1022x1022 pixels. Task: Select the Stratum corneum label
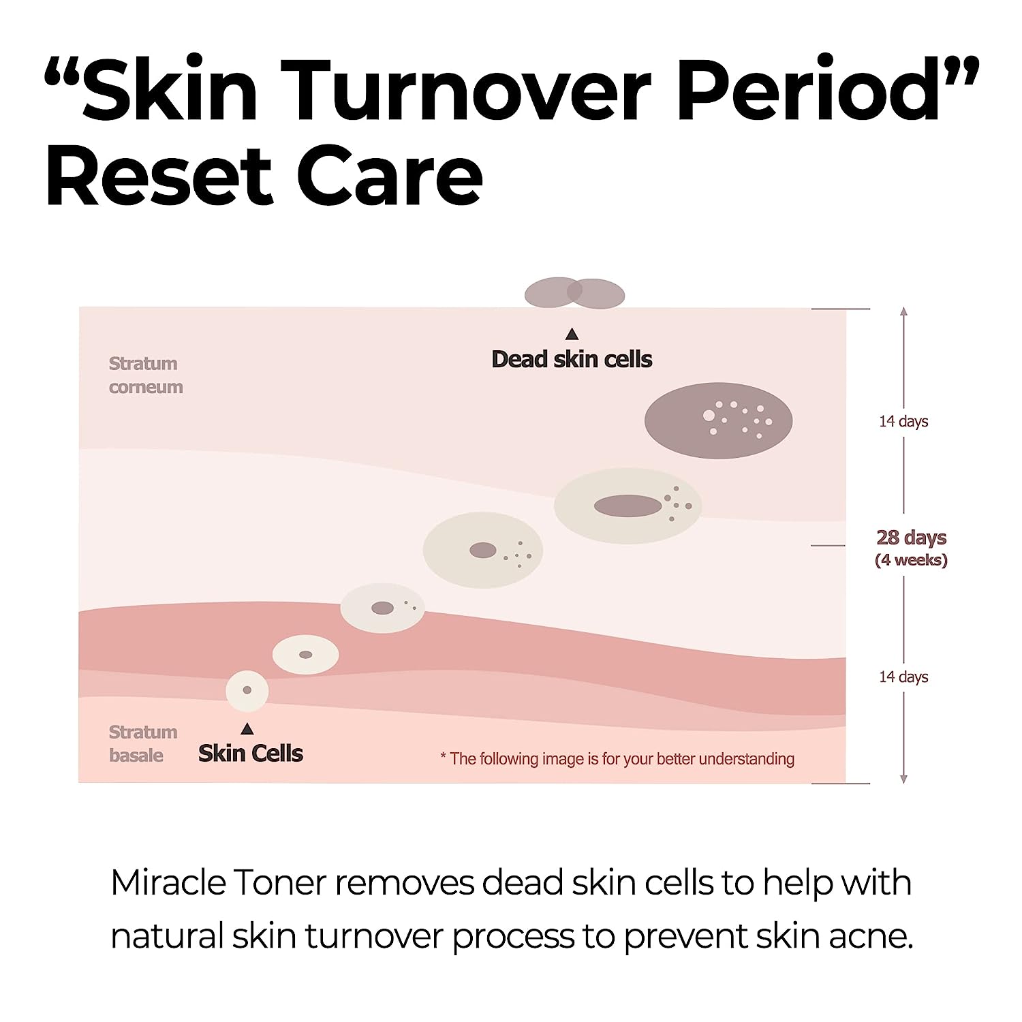click(x=145, y=375)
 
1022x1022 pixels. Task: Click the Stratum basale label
click(x=142, y=743)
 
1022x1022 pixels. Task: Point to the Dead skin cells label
click(x=572, y=359)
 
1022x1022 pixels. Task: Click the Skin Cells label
click(x=251, y=753)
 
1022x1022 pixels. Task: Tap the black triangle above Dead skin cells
click(x=572, y=334)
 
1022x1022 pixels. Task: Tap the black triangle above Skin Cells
click(x=247, y=730)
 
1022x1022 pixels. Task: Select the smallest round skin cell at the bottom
click(x=247, y=690)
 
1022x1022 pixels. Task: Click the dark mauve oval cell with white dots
click(x=718, y=420)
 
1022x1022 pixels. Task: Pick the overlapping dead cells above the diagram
click(x=574, y=293)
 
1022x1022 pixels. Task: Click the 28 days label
click(x=911, y=538)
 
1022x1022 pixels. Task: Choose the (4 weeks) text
click(x=911, y=560)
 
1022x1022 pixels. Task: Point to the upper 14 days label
click(x=903, y=421)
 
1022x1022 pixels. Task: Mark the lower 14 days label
click(x=903, y=677)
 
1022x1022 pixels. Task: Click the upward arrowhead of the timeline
click(x=903, y=311)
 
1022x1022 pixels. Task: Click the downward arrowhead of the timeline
click(x=903, y=779)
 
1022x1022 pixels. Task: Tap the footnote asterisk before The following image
click(x=444, y=757)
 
